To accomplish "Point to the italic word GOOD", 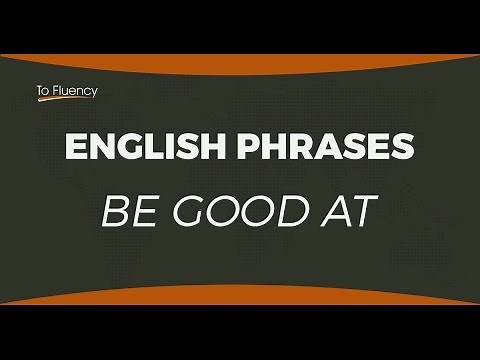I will [x=236, y=214].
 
